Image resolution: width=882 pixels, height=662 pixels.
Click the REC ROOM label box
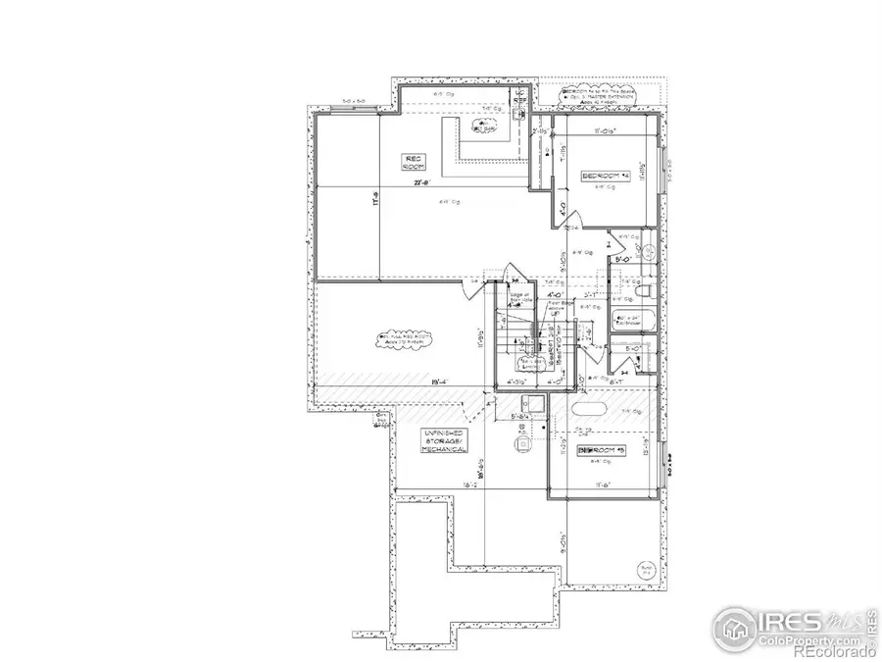pos(414,161)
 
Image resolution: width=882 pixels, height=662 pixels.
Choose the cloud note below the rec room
pos(396,340)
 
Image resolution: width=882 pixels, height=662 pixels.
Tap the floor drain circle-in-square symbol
pos(522,442)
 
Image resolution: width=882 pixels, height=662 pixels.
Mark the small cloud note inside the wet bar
pos(482,125)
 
